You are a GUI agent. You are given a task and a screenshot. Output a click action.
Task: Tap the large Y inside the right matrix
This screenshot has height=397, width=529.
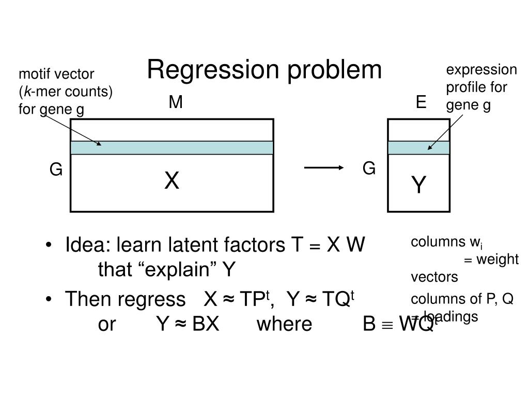(418, 185)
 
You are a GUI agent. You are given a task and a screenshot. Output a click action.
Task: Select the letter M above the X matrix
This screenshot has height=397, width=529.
(176, 103)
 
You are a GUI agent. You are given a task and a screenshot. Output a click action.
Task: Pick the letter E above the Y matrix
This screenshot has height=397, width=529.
(421, 103)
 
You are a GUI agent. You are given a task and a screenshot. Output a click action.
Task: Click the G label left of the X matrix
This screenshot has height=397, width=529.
(56, 170)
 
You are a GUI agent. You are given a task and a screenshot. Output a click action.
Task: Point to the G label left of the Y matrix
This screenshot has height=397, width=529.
(369, 169)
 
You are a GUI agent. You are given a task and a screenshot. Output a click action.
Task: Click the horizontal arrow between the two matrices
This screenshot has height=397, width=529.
(324, 167)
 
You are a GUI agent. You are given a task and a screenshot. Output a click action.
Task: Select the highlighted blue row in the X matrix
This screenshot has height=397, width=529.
(172, 148)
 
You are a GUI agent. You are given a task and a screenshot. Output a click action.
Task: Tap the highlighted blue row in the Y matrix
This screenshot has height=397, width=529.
(418, 148)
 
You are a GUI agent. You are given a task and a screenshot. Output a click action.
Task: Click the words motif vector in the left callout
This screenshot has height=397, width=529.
(56, 74)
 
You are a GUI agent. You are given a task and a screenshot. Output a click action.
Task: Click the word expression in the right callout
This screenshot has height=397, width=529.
(481, 70)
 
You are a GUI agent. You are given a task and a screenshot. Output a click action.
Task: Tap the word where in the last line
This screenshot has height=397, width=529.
(284, 324)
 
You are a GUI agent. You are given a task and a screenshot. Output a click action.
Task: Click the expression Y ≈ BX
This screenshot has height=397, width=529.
(188, 324)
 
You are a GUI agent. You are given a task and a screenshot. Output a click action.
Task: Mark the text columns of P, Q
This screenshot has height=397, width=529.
(462, 300)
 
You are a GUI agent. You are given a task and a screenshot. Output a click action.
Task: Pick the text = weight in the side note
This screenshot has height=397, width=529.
(491, 259)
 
